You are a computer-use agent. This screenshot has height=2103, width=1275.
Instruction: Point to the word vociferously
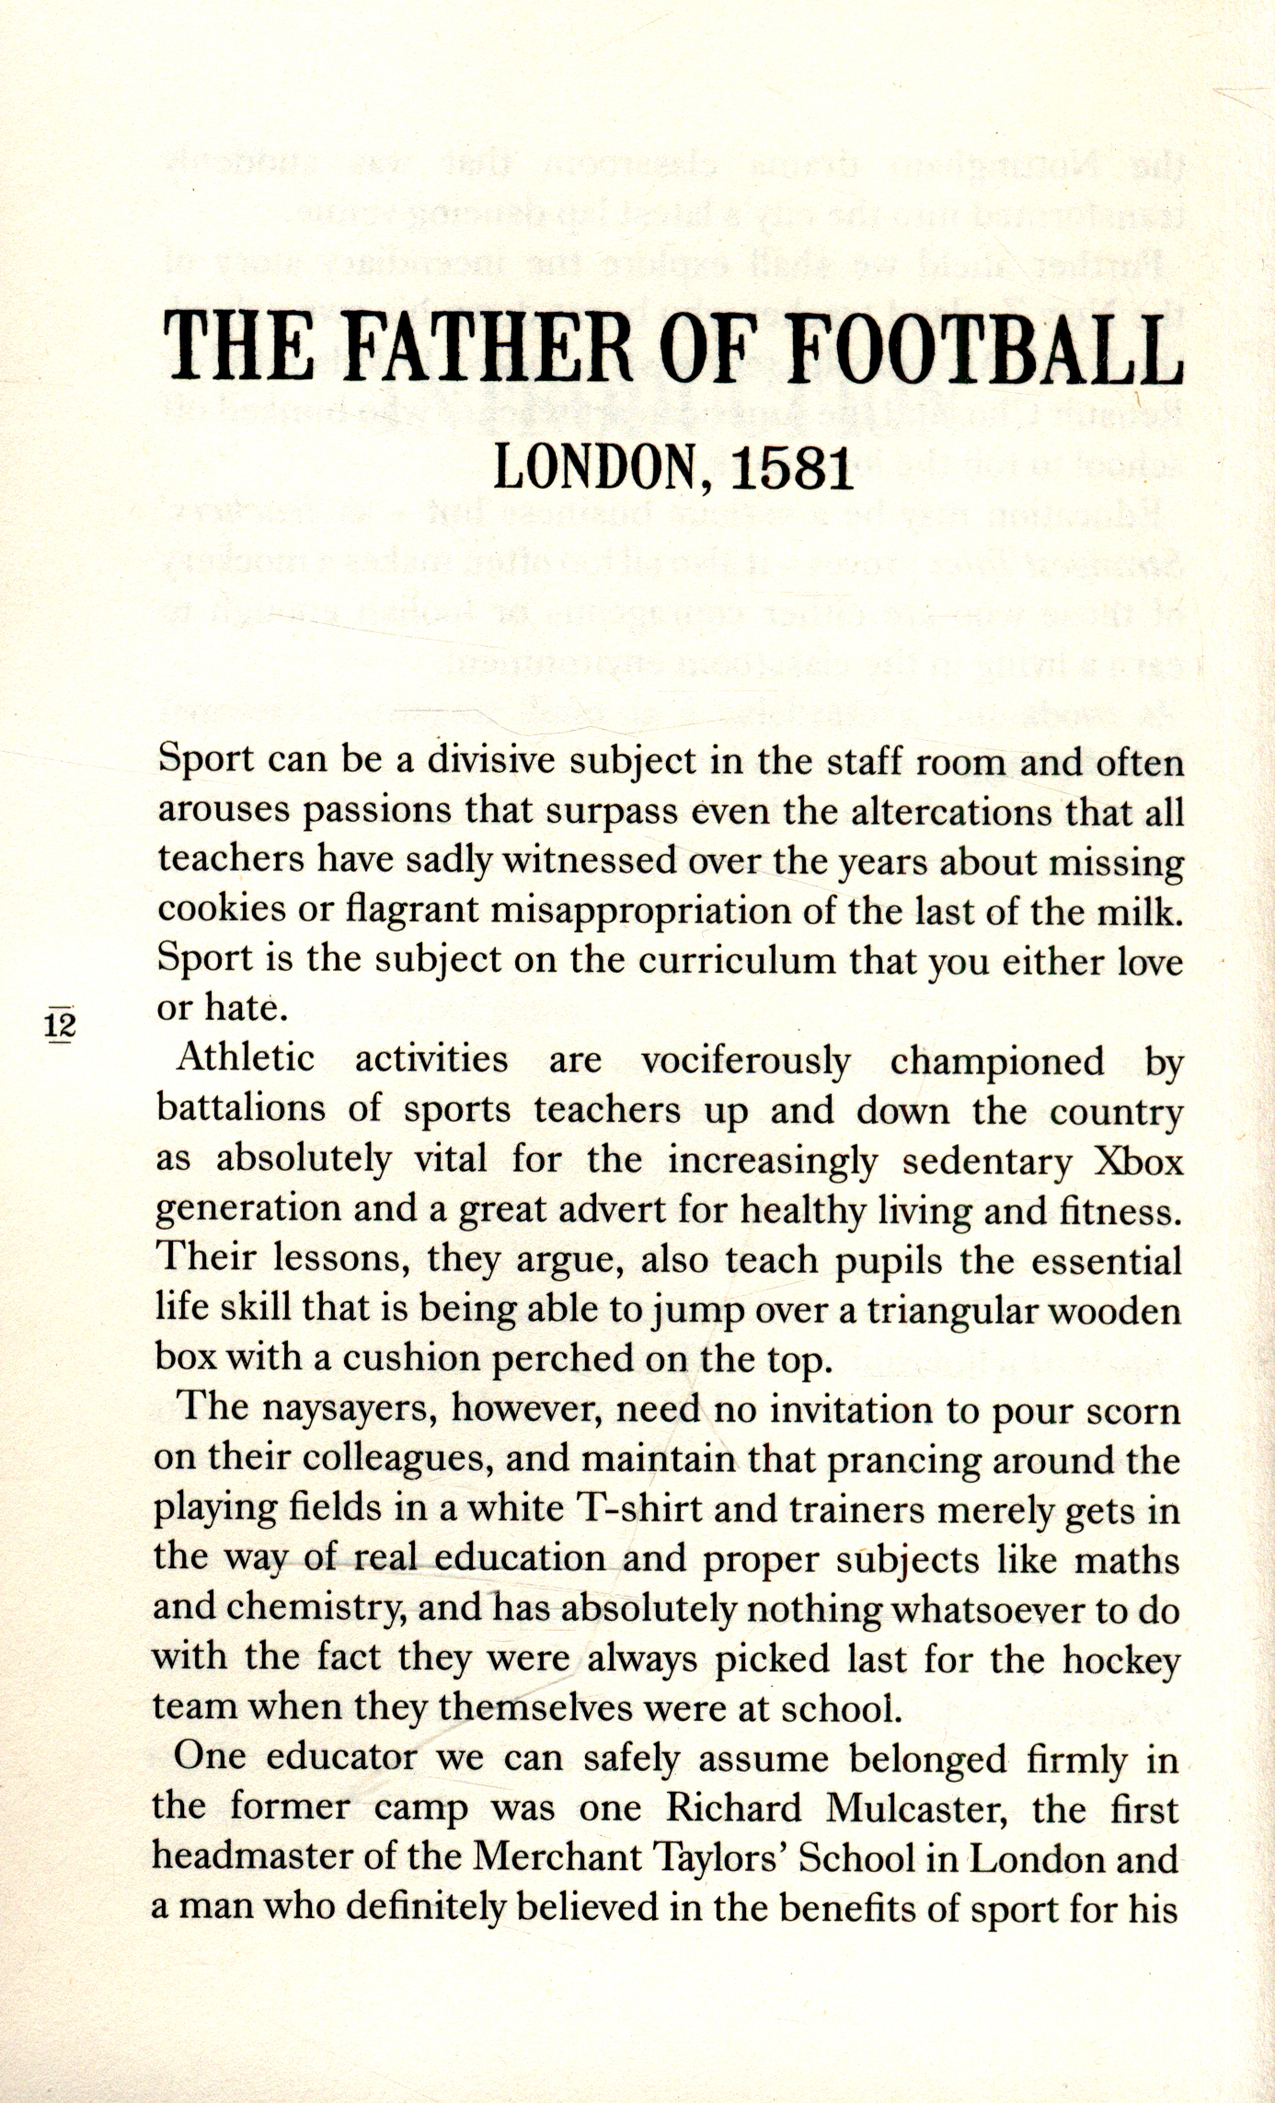pos(745,1061)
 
